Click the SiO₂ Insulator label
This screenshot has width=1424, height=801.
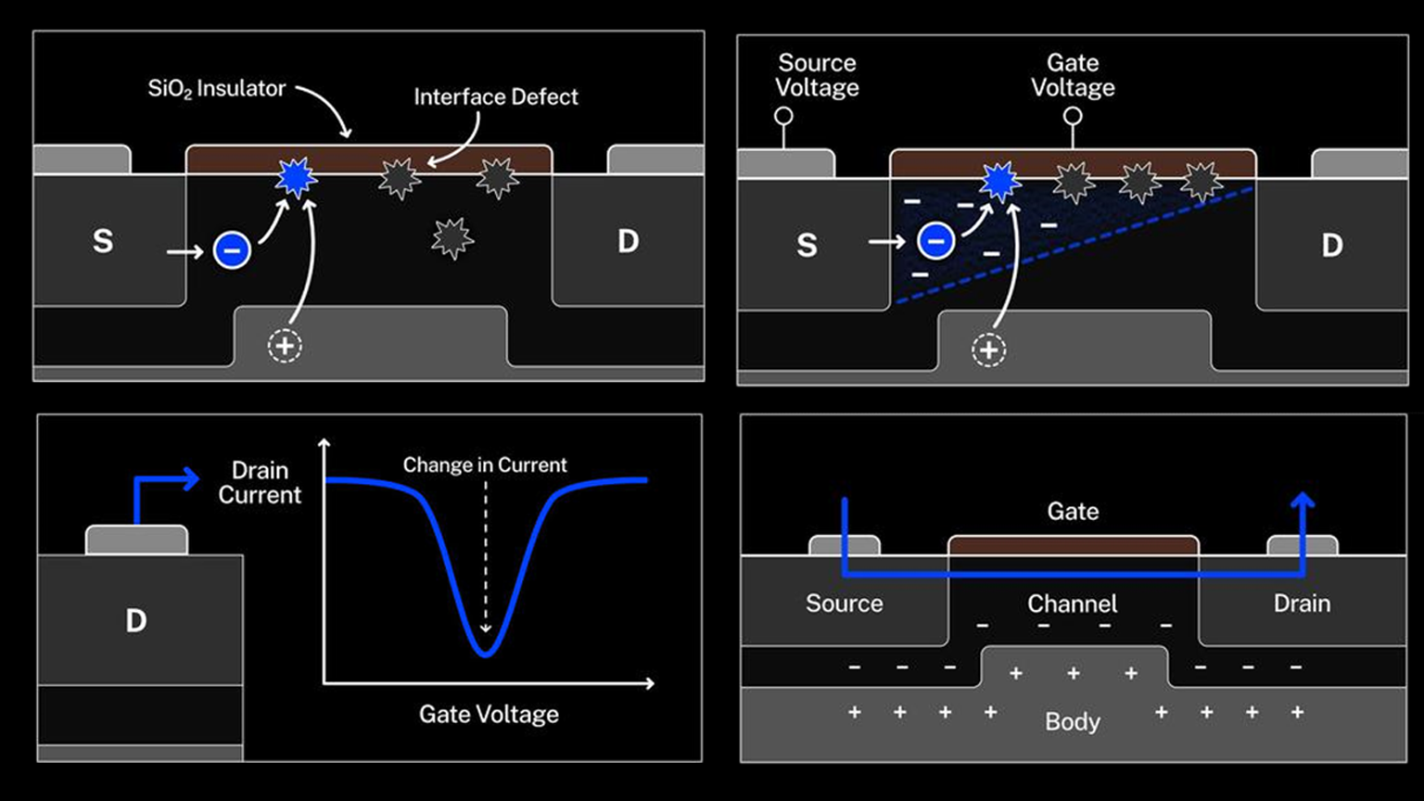pyautogui.click(x=217, y=89)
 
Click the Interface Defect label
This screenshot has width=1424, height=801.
pyautogui.click(x=495, y=97)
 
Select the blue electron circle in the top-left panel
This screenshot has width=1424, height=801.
pyautogui.click(x=232, y=250)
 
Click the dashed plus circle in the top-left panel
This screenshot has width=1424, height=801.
pyautogui.click(x=285, y=346)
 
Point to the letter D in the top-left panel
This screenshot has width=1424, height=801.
pyautogui.click(x=629, y=242)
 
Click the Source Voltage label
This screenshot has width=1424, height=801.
pyautogui.click(x=817, y=75)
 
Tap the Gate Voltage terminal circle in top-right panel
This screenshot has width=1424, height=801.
pyautogui.click(x=1073, y=117)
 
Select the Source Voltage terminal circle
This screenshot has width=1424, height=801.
pyautogui.click(x=783, y=117)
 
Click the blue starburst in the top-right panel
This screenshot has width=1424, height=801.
pyautogui.click(x=1000, y=182)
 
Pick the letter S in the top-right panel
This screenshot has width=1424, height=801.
pyautogui.click(x=807, y=246)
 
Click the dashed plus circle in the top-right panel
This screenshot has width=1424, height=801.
pyautogui.click(x=988, y=350)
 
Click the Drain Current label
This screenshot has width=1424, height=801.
pyautogui.click(x=260, y=483)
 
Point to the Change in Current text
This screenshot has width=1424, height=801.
pyautogui.click(x=484, y=465)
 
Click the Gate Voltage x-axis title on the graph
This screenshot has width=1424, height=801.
pyautogui.click(x=489, y=715)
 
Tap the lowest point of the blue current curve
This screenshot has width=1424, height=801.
pyautogui.click(x=486, y=655)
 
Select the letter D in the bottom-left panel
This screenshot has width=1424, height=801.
pyautogui.click(x=136, y=621)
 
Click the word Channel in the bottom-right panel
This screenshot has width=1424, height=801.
pyautogui.click(x=1072, y=604)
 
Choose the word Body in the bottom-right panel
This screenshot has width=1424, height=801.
pyautogui.click(x=1073, y=722)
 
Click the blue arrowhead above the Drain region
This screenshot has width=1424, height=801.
pyautogui.click(x=1303, y=502)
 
